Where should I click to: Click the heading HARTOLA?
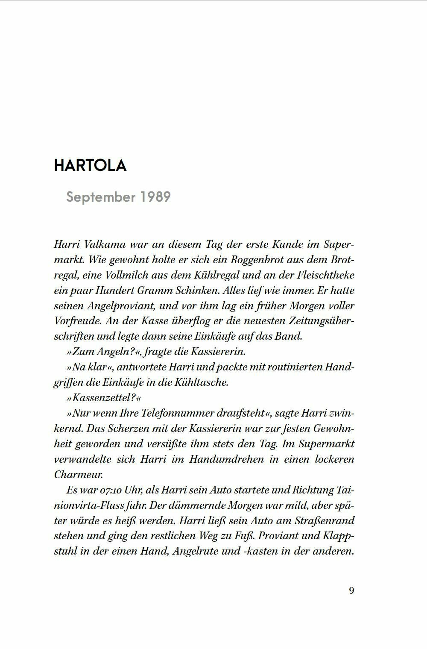pyautogui.click(x=90, y=166)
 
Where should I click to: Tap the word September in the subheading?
pyautogui.click(x=100, y=197)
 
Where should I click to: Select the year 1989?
pyautogui.click(x=154, y=197)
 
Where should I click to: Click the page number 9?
pyautogui.click(x=351, y=591)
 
